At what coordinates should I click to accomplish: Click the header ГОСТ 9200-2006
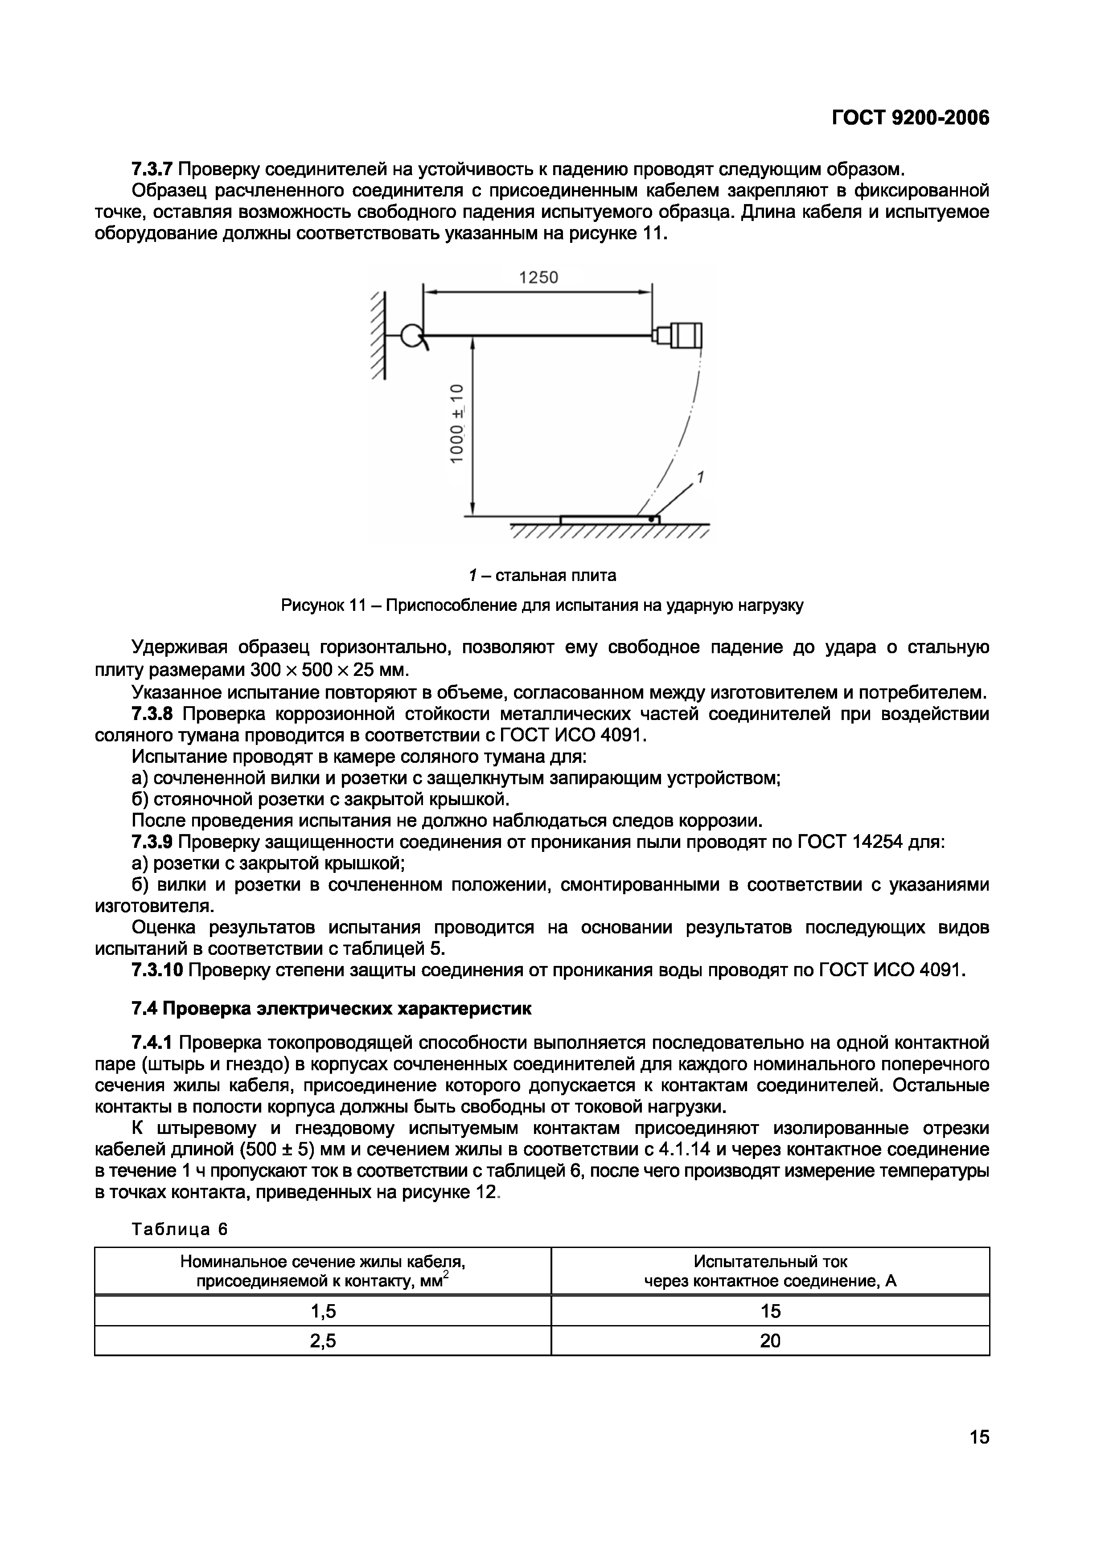pyautogui.click(x=910, y=119)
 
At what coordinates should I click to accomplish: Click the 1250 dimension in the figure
pyautogui.click(x=538, y=278)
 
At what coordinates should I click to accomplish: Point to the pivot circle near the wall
pyautogui.click(x=411, y=336)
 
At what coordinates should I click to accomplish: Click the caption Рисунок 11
pyautogui.click(x=542, y=605)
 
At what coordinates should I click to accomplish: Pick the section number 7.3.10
pyautogui.click(x=157, y=970)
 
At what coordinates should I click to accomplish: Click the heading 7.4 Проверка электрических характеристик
pyautogui.click(x=331, y=1009)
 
